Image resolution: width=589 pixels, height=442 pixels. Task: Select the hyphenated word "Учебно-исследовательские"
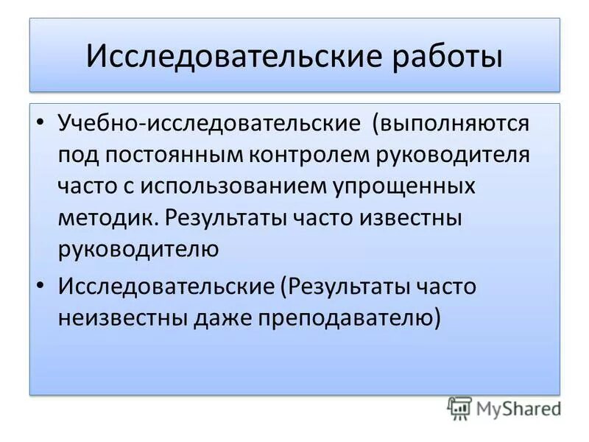[x=209, y=123]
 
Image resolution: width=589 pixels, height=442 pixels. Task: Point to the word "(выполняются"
[x=449, y=123]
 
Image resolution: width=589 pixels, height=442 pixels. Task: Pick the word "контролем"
[x=307, y=155]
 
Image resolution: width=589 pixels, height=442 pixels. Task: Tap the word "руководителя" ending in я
[x=451, y=155]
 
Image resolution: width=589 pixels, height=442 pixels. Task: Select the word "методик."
[x=108, y=217]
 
